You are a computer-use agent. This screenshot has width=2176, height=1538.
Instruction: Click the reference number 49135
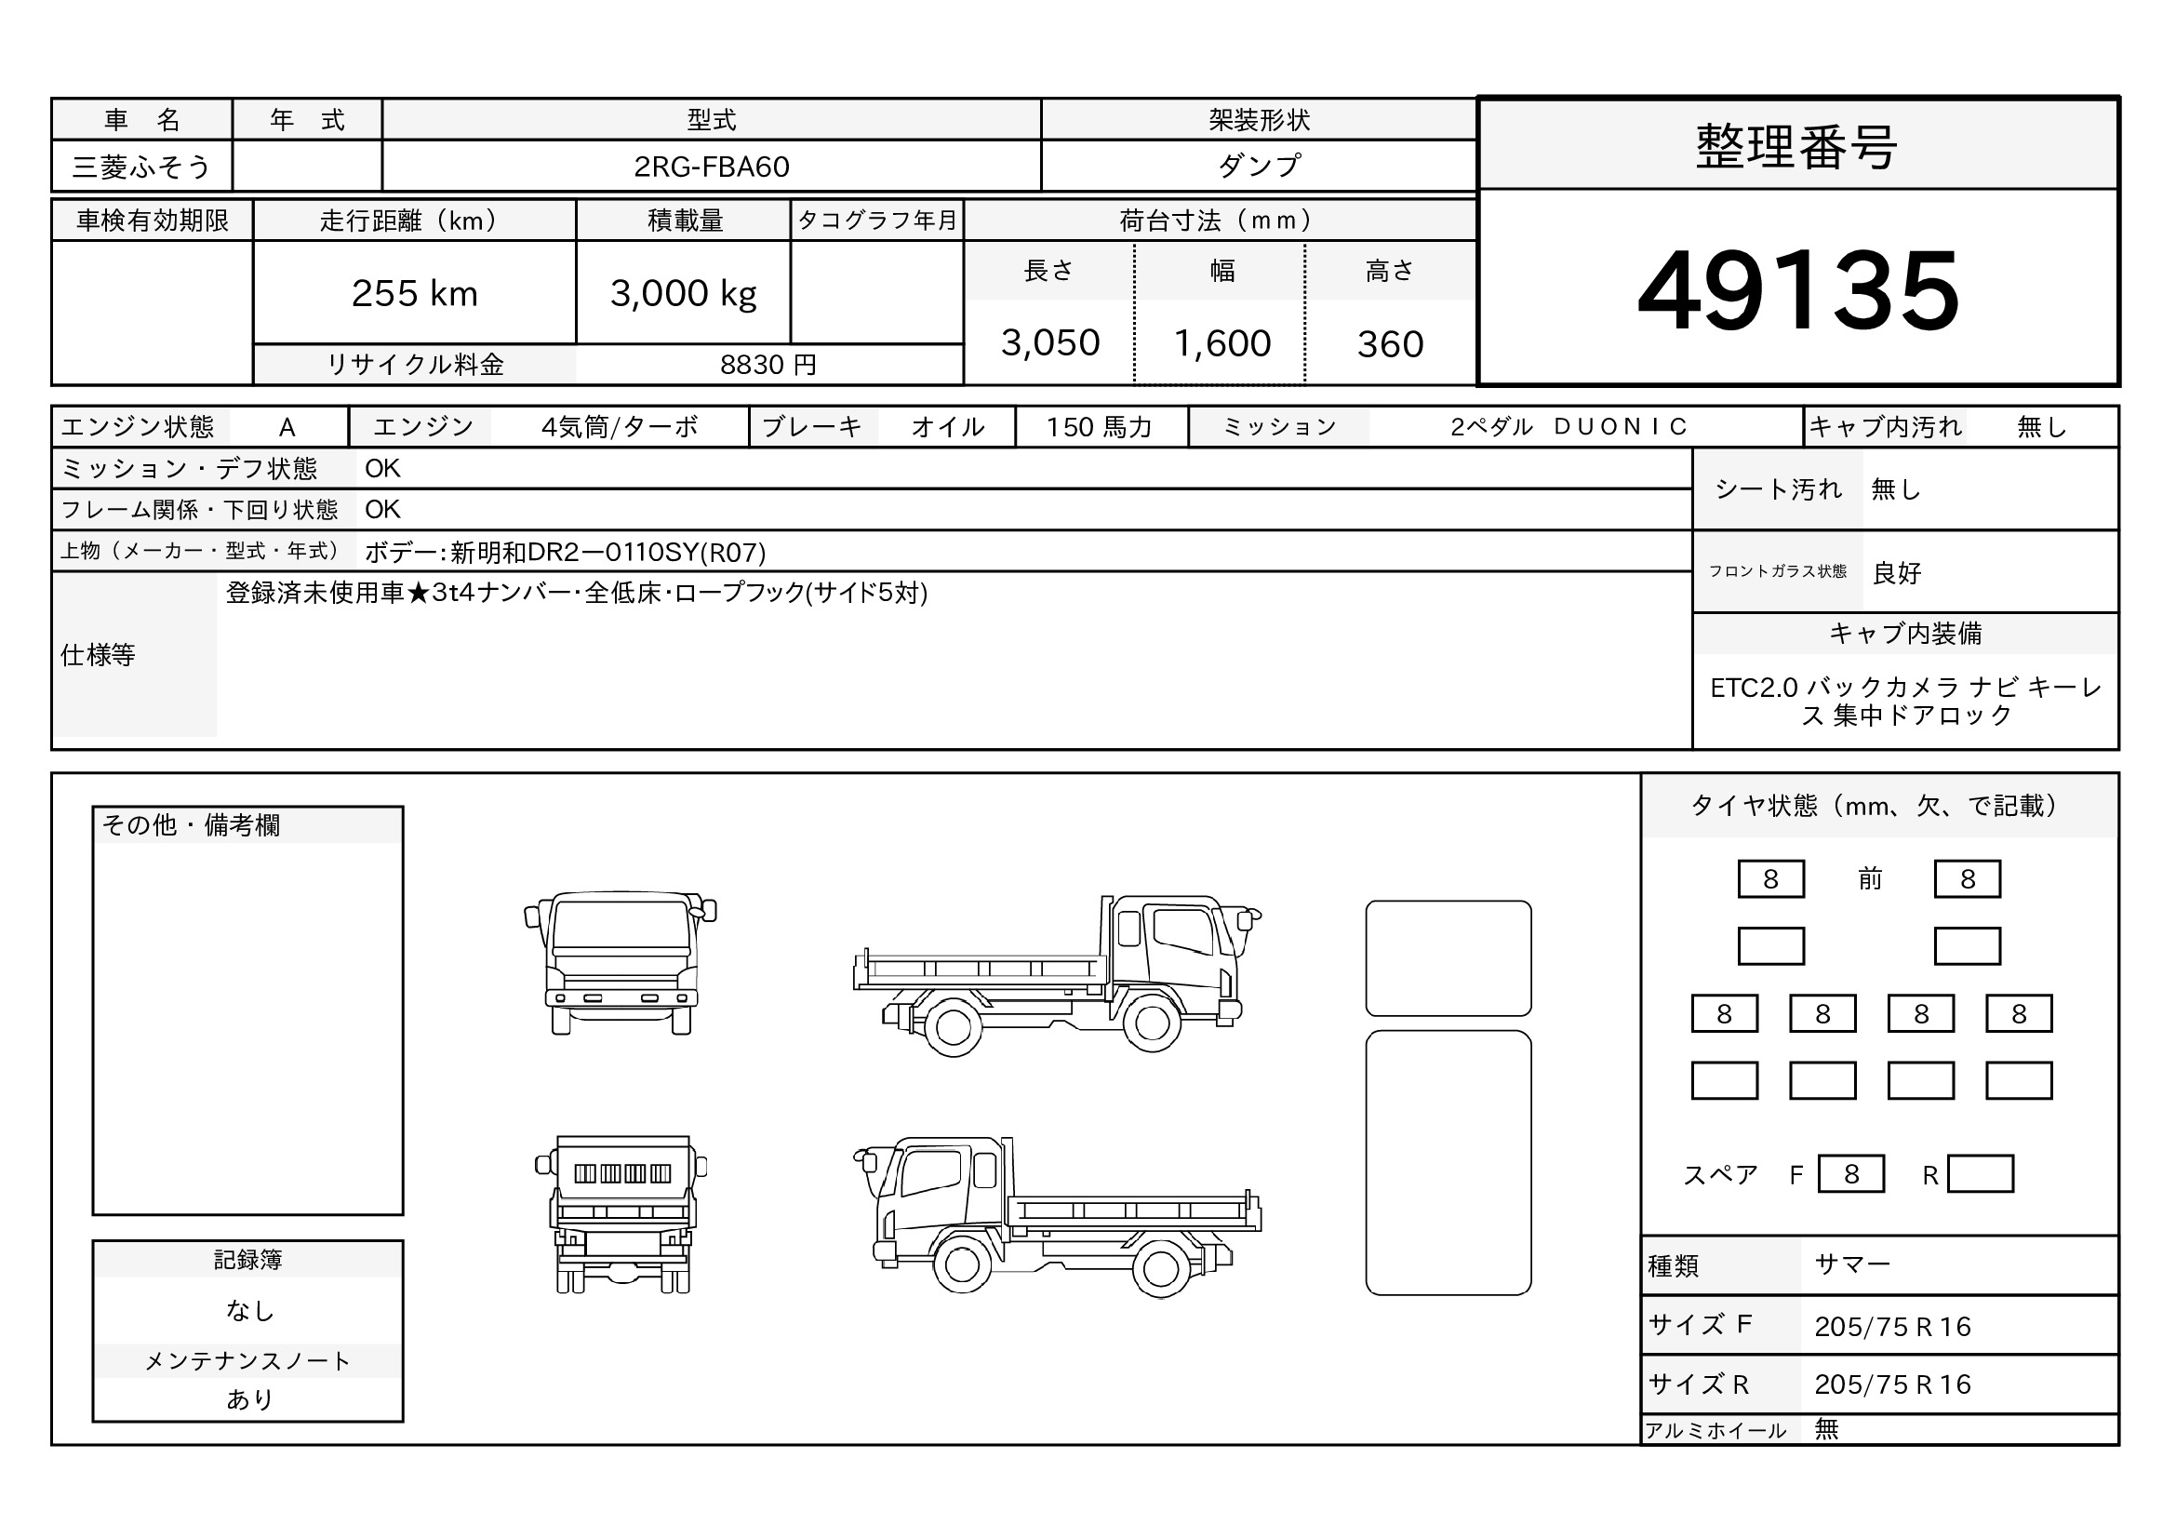(x=1798, y=290)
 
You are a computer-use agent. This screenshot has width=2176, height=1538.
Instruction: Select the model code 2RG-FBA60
(x=711, y=167)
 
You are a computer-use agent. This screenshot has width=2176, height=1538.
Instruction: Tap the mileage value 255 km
(x=414, y=294)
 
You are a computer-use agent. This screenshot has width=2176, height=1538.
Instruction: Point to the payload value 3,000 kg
(x=684, y=294)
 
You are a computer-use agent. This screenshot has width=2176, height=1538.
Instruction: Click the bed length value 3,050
(x=1050, y=343)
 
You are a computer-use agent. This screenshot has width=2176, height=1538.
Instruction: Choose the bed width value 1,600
(x=1221, y=343)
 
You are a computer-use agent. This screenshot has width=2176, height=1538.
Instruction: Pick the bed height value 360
(x=1390, y=344)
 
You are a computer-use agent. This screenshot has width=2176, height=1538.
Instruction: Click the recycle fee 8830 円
(x=768, y=365)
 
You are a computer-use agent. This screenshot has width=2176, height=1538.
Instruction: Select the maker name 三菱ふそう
(x=141, y=167)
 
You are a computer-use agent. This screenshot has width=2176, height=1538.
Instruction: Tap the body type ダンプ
(x=1259, y=166)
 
